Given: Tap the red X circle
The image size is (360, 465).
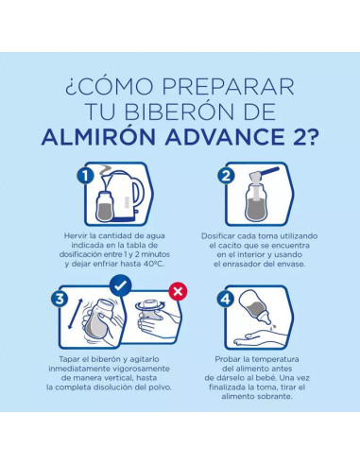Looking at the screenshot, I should [x=173, y=288].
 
